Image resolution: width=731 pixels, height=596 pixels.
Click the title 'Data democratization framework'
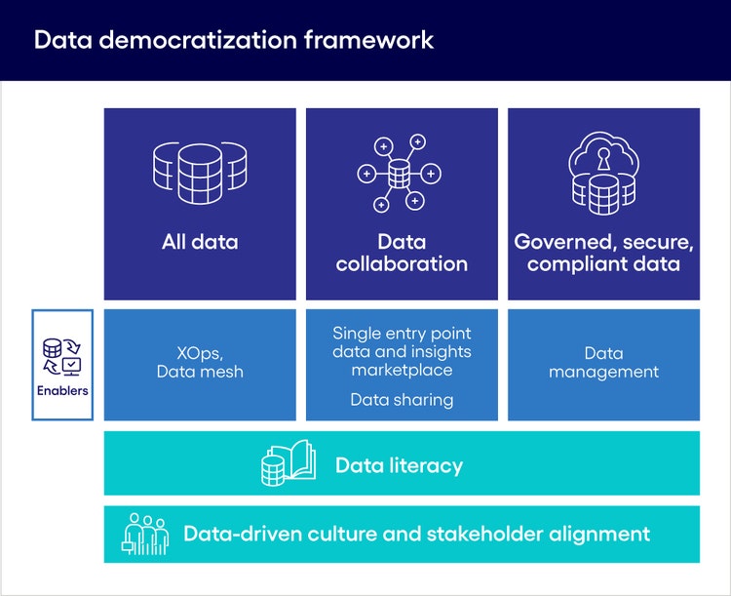[x=234, y=40]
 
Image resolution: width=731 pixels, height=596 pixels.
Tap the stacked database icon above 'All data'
[x=200, y=175]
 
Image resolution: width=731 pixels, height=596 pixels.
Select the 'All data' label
[x=200, y=242]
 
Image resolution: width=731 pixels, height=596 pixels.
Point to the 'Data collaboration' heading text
[x=402, y=253]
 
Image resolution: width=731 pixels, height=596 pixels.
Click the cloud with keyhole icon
[x=603, y=175]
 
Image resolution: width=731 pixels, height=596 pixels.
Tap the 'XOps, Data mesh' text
[x=200, y=362]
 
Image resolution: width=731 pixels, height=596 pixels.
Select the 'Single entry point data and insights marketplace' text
[x=402, y=351]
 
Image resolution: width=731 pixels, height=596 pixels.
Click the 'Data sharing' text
[x=402, y=399]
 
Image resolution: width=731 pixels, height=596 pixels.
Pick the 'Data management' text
[x=603, y=362]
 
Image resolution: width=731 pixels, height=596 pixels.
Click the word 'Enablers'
[x=62, y=391]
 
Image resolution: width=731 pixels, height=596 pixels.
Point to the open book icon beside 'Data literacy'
[x=289, y=463]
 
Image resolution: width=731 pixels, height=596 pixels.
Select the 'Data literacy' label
[x=399, y=465]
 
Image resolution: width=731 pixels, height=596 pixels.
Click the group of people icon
[x=145, y=534]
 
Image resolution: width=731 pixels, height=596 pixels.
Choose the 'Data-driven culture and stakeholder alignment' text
[x=416, y=534]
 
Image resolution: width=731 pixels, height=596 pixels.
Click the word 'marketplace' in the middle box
[x=402, y=370]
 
